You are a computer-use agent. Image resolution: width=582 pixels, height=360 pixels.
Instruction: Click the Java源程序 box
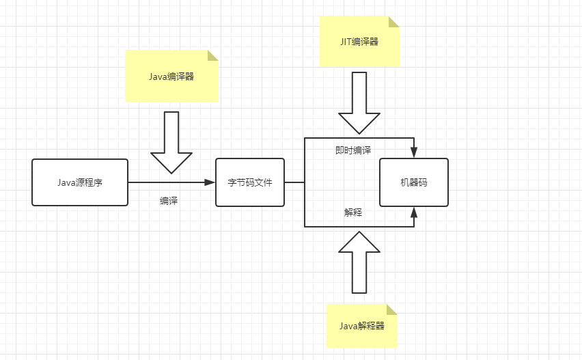pos(80,182)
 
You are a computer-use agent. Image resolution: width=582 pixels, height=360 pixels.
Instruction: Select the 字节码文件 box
pos(249,182)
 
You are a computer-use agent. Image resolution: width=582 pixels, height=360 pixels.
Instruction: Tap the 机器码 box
pos(414,182)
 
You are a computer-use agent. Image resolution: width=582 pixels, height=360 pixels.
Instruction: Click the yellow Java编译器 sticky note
pos(171,77)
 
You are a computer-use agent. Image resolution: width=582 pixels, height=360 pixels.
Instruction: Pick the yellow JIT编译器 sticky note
pos(359,42)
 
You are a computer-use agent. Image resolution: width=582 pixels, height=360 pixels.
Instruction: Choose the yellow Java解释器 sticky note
pos(361,326)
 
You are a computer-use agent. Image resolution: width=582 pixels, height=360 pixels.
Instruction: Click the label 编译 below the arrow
pos(169,201)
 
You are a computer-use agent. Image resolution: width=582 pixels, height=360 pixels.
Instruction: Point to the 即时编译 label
pos(353,150)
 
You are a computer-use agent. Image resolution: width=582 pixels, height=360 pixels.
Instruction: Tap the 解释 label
pos(353,212)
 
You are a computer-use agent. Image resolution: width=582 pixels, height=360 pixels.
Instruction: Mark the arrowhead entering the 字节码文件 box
pos(210,182)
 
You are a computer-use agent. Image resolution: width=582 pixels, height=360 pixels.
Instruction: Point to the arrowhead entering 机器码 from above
pos(414,153)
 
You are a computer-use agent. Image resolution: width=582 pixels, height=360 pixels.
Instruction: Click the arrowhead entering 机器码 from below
pos(414,212)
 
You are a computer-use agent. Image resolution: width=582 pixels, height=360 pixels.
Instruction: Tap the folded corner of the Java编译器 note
pos(213,55)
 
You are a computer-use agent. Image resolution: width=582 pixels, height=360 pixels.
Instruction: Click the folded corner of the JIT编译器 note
pos(394,22)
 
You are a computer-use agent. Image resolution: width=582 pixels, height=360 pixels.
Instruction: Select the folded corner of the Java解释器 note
pos(391,309)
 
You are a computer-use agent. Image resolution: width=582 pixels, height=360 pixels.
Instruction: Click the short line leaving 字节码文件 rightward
pos(294,182)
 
